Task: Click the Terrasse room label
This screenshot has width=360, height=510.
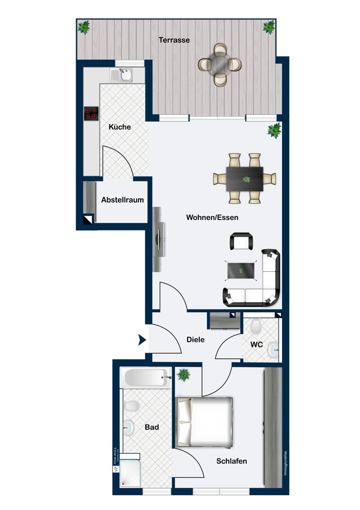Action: (x=174, y=40)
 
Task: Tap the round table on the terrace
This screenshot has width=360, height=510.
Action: (x=220, y=64)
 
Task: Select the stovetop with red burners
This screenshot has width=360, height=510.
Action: (x=91, y=113)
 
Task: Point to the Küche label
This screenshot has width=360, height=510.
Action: (x=120, y=127)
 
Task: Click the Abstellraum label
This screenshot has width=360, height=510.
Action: (x=122, y=200)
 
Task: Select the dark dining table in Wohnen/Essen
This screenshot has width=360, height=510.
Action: (x=245, y=178)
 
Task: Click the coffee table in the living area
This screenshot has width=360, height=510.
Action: (x=241, y=270)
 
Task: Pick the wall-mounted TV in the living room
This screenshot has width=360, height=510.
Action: (x=159, y=239)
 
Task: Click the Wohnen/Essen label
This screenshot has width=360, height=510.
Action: (x=212, y=217)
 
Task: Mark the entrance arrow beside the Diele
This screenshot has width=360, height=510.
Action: (x=142, y=340)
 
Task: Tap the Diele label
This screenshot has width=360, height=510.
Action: (x=195, y=339)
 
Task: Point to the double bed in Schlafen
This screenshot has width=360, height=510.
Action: (x=205, y=422)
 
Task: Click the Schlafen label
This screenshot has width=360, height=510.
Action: (x=232, y=461)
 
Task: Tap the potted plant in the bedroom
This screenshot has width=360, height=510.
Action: (x=184, y=375)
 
